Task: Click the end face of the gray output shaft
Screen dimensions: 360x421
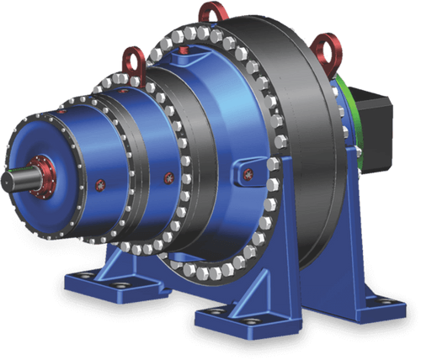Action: pyautogui.click(x=12, y=181)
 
